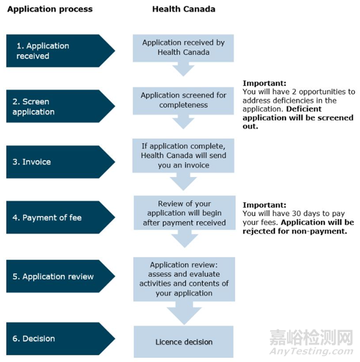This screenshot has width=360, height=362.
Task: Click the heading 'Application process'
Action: [x=49, y=9]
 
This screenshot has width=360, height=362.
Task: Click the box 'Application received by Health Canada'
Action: [x=183, y=47]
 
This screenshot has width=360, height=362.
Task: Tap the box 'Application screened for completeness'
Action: [x=183, y=100]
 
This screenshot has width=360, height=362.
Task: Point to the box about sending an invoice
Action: [x=183, y=155]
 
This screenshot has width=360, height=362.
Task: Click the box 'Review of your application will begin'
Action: [x=183, y=213]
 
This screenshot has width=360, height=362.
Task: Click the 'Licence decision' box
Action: [x=183, y=342]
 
